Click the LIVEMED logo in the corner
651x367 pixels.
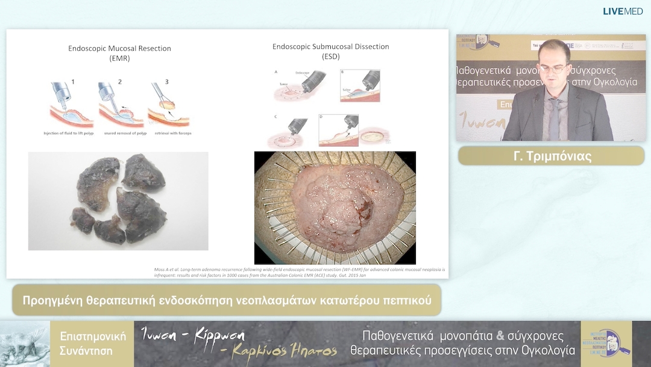[623, 11]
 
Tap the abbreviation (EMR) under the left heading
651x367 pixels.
[119, 59]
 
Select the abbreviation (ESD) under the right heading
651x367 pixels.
[331, 57]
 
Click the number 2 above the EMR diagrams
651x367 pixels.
[119, 81]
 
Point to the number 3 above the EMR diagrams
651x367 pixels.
[166, 81]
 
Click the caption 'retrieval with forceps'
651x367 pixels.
[169, 133]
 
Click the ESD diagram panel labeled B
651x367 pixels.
[360, 85]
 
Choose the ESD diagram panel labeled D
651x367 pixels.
[338, 130]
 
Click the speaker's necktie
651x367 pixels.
[554, 117]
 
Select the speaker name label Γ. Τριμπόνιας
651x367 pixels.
[552, 156]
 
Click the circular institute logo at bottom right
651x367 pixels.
[606, 343]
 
